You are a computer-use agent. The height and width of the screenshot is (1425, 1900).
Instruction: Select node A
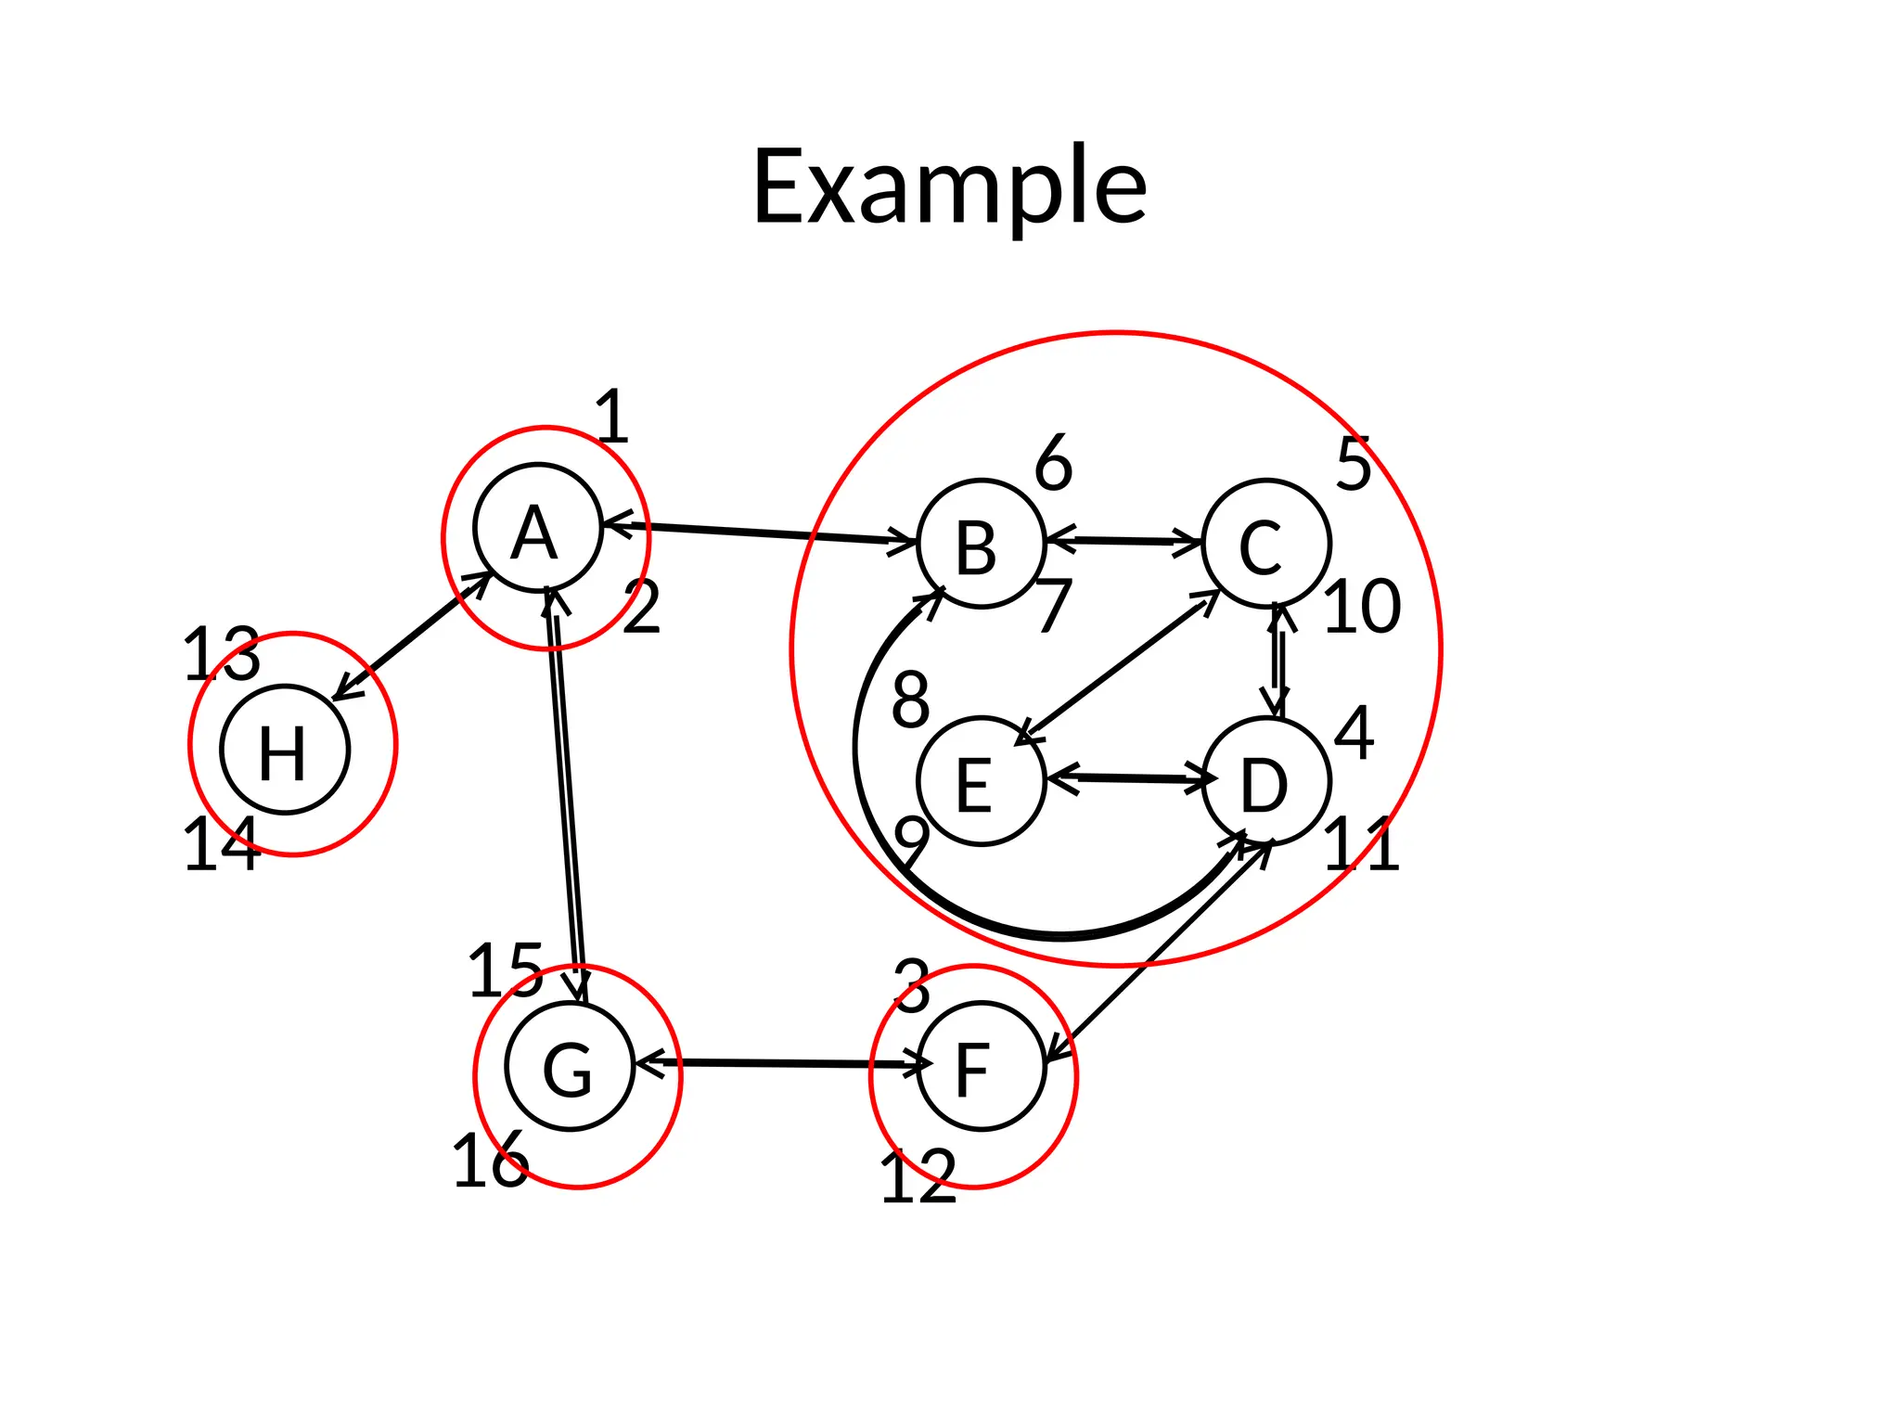pos(537,528)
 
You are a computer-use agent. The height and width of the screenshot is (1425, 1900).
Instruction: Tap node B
pos(981,544)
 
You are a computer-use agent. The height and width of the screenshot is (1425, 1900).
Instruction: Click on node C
pos(1265,544)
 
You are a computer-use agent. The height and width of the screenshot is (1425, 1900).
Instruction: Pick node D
pos(1265,782)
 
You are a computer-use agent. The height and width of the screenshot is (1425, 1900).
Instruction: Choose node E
pos(981,782)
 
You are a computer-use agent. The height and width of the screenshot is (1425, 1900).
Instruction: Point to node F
pos(981,1066)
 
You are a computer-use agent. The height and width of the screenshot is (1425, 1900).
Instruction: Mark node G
pos(569,1066)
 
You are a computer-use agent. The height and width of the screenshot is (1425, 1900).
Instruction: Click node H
pos(285,750)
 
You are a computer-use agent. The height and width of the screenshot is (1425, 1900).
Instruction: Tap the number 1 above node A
pos(612,417)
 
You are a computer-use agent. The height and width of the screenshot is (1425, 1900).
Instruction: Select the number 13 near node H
pos(222,655)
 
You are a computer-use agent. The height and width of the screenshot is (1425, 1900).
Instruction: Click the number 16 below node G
pos(490,1162)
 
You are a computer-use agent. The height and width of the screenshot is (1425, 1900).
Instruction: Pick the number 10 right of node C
pos(1361,608)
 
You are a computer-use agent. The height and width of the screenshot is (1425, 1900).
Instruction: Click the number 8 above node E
pos(910,701)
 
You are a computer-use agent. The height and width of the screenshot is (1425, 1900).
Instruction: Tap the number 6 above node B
pos(1053,463)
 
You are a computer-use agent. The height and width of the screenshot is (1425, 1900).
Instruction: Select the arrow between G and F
pos(784,1063)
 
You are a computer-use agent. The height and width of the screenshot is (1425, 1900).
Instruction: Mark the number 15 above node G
pos(506,971)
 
